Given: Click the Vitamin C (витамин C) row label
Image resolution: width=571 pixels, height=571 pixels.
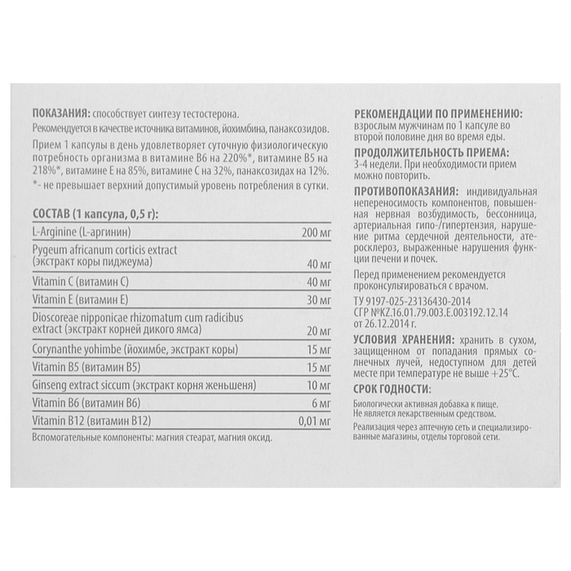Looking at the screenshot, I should pyautogui.click(x=77, y=281).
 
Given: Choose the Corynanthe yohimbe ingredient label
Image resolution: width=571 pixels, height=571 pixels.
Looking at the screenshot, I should pyautogui.click(x=135, y=350).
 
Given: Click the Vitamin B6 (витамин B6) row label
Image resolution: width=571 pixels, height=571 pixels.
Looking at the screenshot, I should pyautogui.click(x=81, y=402).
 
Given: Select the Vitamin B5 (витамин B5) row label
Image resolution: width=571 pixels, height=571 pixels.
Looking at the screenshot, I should pyautogui.click(x=81, y=367).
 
